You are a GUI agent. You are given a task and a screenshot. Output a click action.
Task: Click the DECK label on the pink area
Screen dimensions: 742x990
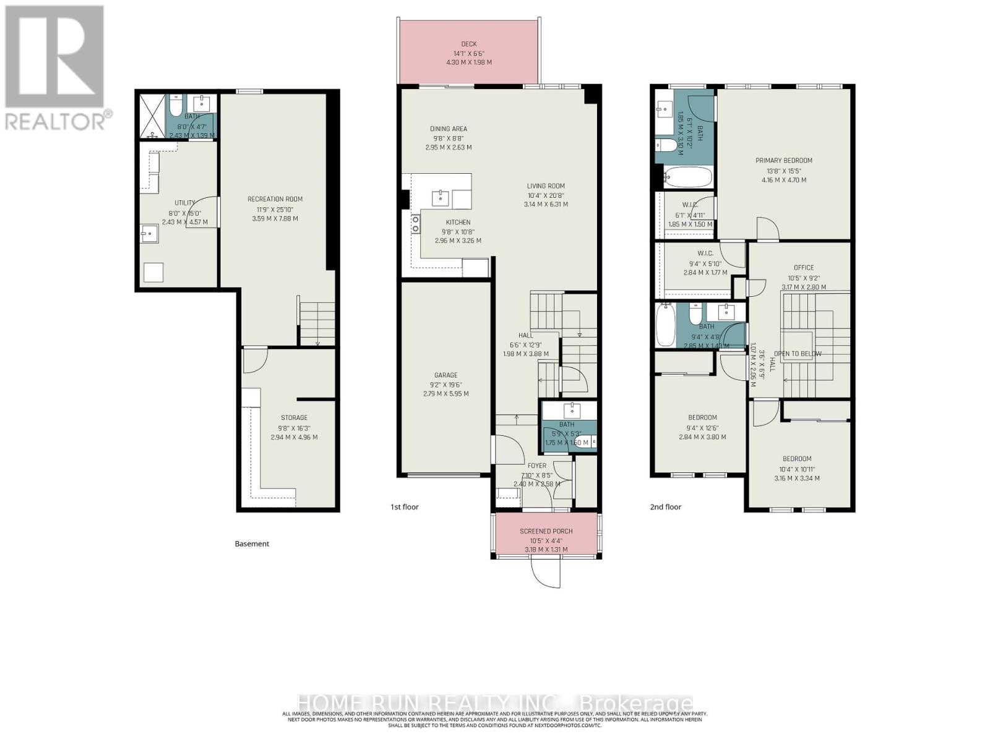[469, 44]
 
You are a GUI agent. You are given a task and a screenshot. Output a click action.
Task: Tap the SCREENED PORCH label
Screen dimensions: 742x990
[546, 531]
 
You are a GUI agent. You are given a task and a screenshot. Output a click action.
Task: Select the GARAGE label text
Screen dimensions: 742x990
[445, 375]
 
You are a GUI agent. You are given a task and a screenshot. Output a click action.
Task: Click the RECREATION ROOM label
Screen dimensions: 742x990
[275, 199]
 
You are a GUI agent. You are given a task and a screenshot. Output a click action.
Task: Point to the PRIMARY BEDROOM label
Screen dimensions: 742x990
[783, 161]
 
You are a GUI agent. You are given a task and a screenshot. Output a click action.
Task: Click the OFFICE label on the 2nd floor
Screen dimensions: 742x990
[804, 268]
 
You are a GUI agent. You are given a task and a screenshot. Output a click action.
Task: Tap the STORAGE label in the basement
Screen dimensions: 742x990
[294, 418]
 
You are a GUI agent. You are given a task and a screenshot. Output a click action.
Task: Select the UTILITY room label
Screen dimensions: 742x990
[184, 203]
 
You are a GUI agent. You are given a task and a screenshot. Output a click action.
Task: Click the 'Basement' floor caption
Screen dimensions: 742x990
[252, 544]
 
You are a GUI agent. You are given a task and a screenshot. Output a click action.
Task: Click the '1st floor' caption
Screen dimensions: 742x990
[404, 507]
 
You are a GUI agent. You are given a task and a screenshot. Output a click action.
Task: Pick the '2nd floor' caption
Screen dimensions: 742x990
[665, 507]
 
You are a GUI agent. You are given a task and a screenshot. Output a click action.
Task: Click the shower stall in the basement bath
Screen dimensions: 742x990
[152, 116]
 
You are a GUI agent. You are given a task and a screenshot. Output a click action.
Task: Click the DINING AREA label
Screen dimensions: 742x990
[449, 129]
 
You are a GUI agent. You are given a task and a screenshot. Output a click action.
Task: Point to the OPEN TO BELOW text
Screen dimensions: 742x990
[798, 354]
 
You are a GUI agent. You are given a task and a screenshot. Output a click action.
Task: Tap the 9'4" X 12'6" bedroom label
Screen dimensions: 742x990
[702, 417]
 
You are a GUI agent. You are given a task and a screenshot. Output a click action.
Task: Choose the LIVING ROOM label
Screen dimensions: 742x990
[545, 186]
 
